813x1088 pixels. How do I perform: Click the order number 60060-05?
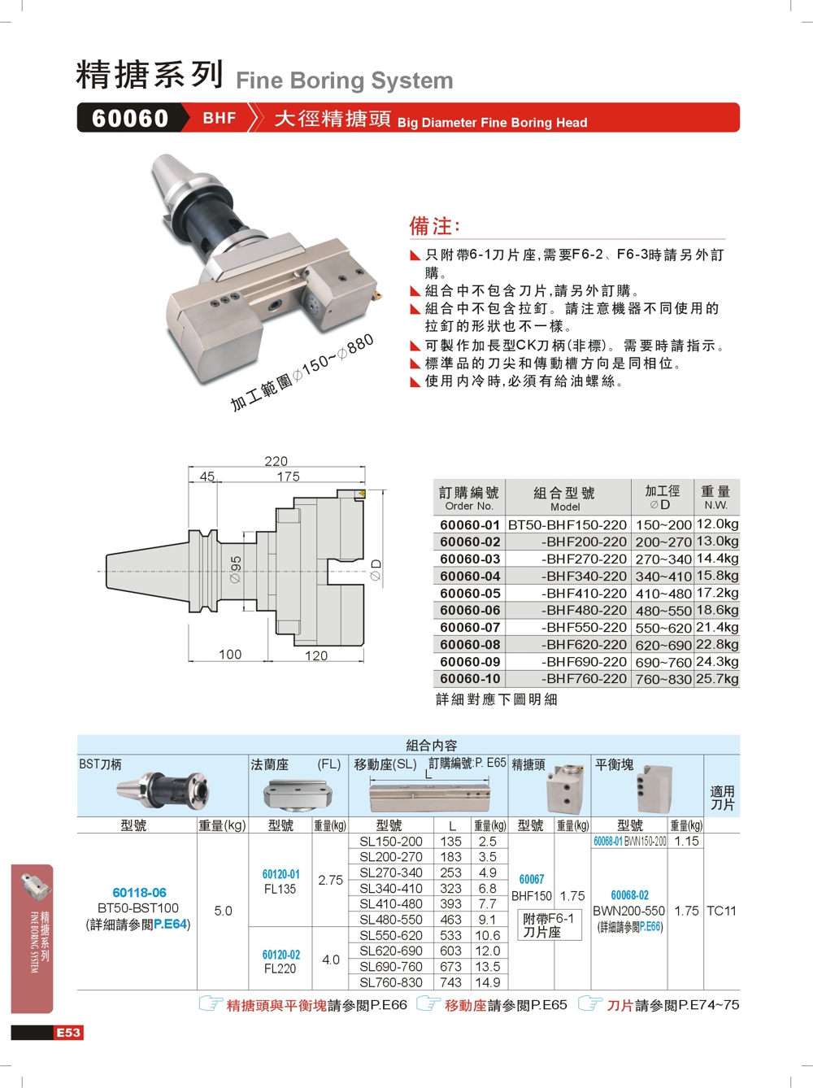470,594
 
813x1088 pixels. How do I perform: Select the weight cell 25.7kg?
717,678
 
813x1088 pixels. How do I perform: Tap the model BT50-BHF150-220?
567,524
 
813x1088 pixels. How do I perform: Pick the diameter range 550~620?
663,628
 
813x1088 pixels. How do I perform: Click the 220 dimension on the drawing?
276,461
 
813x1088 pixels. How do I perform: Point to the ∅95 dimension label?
236,569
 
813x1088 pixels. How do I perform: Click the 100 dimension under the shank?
230,655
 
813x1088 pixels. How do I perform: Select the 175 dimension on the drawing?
288,477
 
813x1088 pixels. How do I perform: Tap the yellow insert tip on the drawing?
362,494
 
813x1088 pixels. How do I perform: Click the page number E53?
68,1033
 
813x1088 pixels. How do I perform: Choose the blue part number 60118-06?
139,893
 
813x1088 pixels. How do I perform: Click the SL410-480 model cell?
390,903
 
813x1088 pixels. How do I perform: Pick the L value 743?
450,982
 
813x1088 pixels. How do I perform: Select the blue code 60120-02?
281,955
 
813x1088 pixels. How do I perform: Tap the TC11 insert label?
721,911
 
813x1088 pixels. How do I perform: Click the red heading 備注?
434,226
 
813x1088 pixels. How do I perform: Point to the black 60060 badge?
130,118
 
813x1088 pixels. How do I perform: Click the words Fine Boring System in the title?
345,81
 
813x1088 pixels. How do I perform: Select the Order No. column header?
468,497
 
